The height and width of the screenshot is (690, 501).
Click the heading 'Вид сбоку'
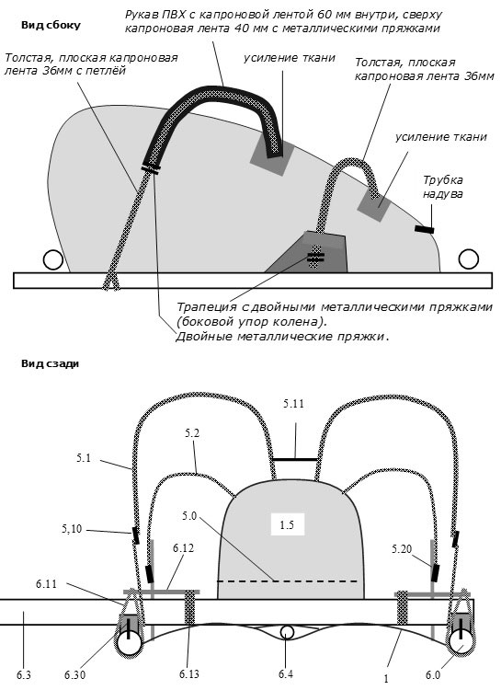click(x=51, y=25)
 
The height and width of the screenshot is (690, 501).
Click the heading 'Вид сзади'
click(x=50, y=363)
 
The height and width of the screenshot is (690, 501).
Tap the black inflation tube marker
click(x=425, y=229)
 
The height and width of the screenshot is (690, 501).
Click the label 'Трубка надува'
click(x=443, y=187)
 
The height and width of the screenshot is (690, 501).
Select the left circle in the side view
click(x=52, y=259)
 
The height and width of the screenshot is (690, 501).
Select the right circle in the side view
click(x=469, y=259)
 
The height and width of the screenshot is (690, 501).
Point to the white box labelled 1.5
click(x=288, y=524)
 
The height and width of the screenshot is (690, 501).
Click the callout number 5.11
click(x=293, y=404)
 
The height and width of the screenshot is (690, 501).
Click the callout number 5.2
click(x=192, y=433)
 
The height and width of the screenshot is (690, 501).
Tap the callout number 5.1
click(x=83, y=457)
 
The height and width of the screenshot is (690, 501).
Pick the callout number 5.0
click(x=189, y=515)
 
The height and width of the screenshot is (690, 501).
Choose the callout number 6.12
click(x=184, y=548)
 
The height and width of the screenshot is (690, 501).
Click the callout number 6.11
click(x=47, y=584)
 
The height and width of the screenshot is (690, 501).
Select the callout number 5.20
click(x=402, y=548)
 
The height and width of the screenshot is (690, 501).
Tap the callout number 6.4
click(x=286, y=673)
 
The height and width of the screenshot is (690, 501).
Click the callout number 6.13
click(x=188, y=673)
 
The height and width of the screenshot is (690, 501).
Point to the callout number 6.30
click(x=74, y=674)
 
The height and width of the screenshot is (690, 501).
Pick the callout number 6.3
click(x=24, y=674)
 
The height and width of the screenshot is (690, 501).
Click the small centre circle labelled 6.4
click(x=287, y=632)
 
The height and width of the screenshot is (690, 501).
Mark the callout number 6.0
click(x=432, y=674)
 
